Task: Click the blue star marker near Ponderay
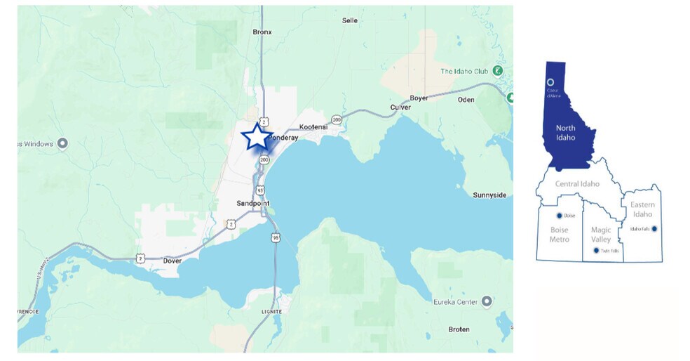coord(257,137)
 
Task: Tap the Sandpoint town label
coord(252,203)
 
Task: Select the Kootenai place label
coord(313,126)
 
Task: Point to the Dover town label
coord(172,261)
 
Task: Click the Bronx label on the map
coord(262,32)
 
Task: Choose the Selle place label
coord(349,20)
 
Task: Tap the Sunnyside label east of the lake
coord(489,195)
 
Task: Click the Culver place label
coord(400,107)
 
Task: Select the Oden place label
coord(466,100)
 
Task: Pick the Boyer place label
coord(419,98)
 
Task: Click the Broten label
coord(459,329)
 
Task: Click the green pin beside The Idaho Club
coord(497,70)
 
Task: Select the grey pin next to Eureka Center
coord(485,301)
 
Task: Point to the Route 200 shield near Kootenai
coord(337,120)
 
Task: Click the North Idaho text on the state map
coord(565,133)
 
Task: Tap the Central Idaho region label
coord(576,184)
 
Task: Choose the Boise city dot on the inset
coord(560,216)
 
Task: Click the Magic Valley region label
coord(600,235)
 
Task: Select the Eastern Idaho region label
coord(642,209)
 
